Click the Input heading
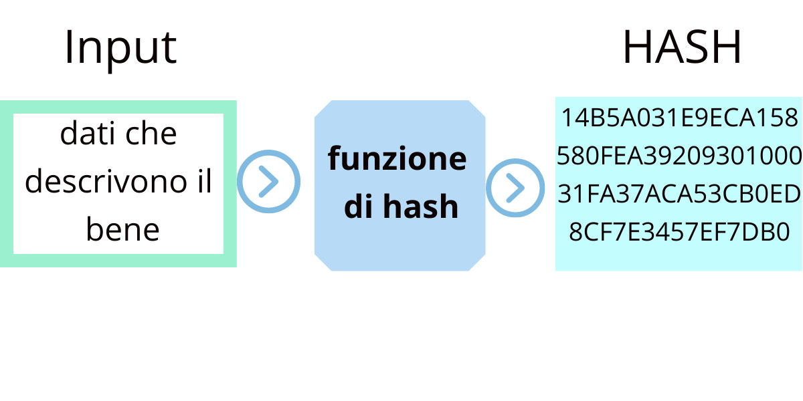(120, 48)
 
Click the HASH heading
(682, 48)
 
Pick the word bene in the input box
(122, 230)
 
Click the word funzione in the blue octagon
(397, 159)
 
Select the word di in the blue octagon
(359, 207)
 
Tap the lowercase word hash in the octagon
(421, 207)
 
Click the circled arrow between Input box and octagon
(268, 182)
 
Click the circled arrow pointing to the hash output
(515, 188)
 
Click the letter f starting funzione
(333, 158)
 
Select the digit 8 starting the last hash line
(575, 232)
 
